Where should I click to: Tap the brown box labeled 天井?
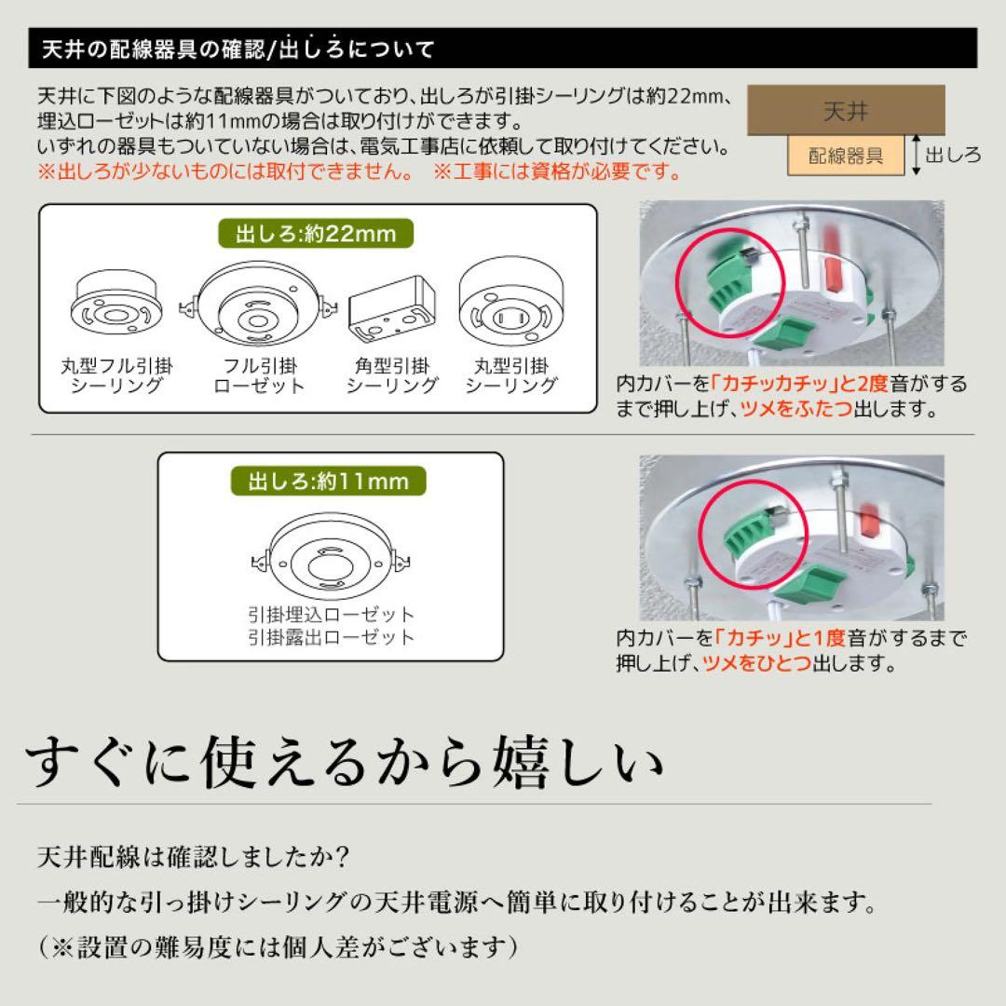846,111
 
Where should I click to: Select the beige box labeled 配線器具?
846,156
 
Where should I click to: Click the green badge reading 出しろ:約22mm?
316,234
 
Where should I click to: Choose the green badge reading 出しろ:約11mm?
329,481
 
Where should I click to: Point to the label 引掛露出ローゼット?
331,638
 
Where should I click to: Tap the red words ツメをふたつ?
796,408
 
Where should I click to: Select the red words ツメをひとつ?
743,663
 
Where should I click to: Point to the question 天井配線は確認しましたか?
194,855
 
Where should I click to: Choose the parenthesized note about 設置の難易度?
279,947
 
